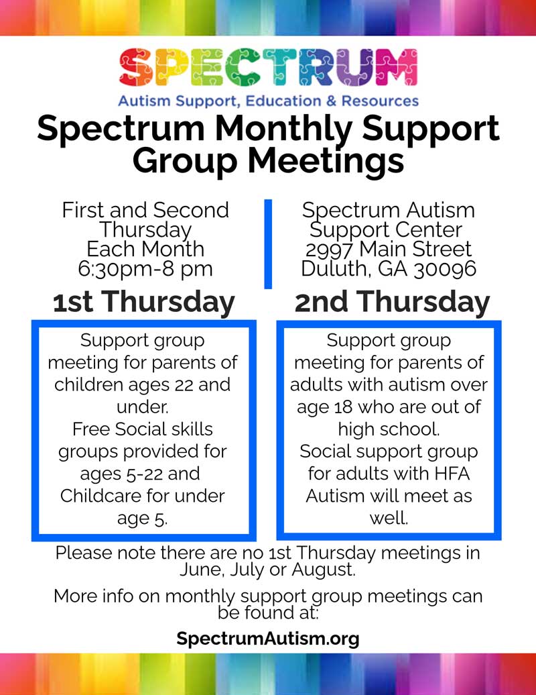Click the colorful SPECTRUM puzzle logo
point(268,68)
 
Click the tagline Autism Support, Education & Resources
point(268,101)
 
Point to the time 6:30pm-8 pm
point(145,269)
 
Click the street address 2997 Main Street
point(389,250)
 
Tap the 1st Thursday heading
point(144,303)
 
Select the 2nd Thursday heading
point(392,303)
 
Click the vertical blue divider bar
point(268,244)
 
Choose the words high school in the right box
point(389,429)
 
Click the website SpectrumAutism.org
point(268,638)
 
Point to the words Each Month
point(145,250)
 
